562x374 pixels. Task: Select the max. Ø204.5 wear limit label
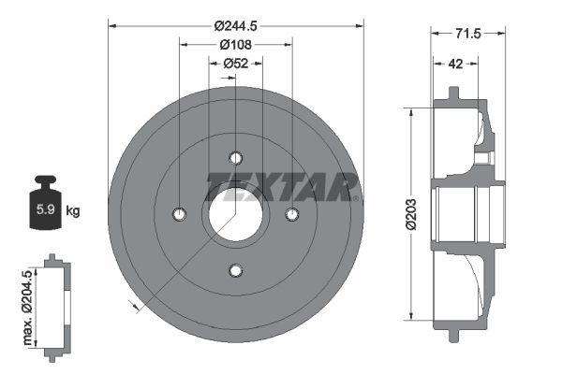tap(29, 303)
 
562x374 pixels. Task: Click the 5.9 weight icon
tap(46, 207)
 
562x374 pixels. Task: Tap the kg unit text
tap(73, 210)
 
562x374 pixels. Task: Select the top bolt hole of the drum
tap(235, 157)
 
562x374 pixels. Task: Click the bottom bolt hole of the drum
tap(235, 271)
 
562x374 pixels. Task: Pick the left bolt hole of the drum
tap(179, 214)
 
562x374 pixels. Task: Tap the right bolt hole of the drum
tap(291, 214)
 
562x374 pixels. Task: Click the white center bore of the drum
tap(235, 214)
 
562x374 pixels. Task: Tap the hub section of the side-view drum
tap(487, 214)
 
